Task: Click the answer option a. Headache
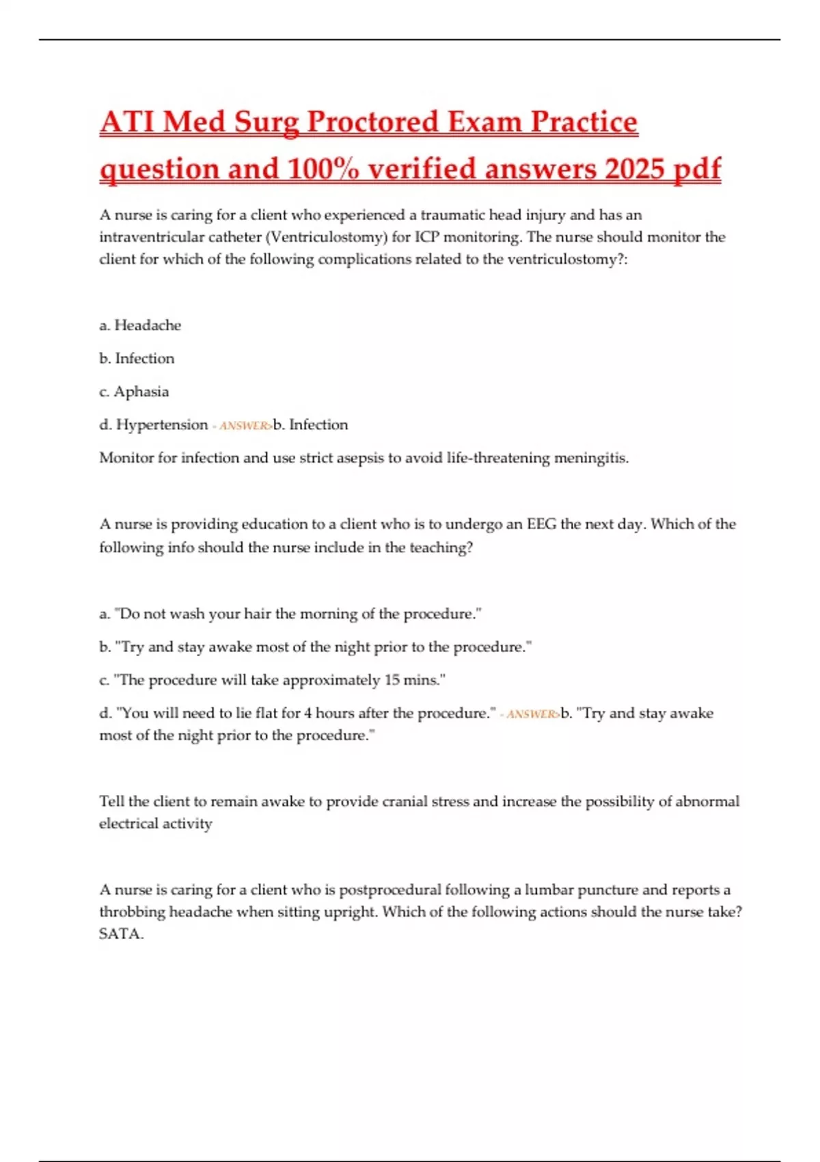click(x=140, y=325)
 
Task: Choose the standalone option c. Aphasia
click(x=134, y=392)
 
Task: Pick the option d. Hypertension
click(x=154, y=424)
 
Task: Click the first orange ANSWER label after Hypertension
click(x=245, y=426)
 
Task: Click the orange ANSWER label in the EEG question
click(x=532, y=714)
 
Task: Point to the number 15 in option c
click(x=392, y=680)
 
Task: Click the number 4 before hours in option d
click(x=307, y=713)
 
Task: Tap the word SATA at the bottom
click(x=120, y=934)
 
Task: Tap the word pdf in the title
click(x=697, y=169)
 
